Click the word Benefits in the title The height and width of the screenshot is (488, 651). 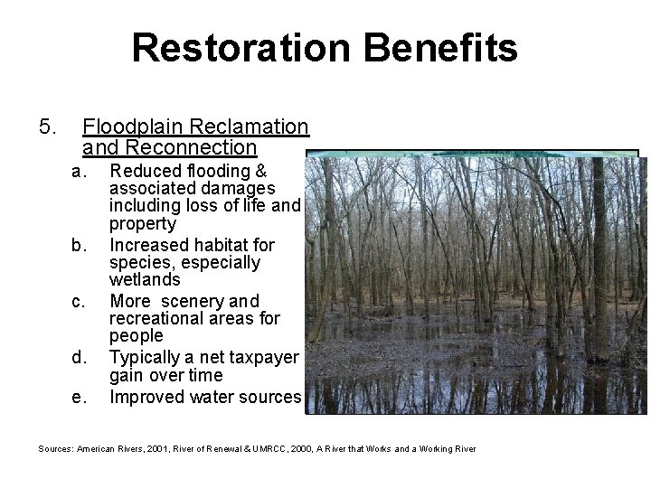tap(442, 48)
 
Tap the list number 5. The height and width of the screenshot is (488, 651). tap(48, 127)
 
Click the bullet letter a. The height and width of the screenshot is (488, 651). tap(79, 171)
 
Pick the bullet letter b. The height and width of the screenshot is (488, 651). tap(79, 245)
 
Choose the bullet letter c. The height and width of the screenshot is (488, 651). tap(79, 300)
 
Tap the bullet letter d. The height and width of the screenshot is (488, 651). tap(79, 357)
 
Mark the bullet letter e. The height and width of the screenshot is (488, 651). tap(79, 396)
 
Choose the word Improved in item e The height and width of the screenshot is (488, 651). tap(144, 396)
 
